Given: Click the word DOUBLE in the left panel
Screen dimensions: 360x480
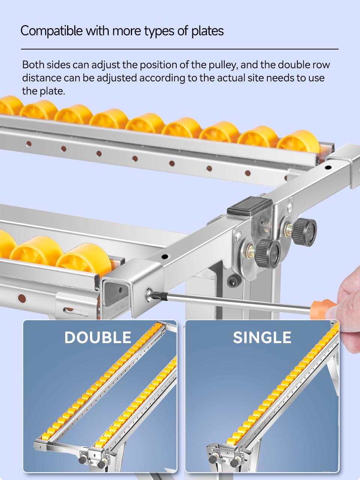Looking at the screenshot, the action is click(98, 337).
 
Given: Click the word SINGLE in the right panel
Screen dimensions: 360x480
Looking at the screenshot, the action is click(262, 337).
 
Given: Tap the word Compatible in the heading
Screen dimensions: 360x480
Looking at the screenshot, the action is click(52, 31).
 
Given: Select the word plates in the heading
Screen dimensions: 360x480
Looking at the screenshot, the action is click(207, 31).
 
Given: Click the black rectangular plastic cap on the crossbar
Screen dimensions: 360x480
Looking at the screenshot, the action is click(250, 206).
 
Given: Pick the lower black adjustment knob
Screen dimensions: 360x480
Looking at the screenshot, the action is click(268, 253).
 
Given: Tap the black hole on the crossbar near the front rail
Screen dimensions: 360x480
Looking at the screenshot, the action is click(165, 256).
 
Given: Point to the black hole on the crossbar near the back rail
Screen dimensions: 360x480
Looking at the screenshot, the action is click(328, 168).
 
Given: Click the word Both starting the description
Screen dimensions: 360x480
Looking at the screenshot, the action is click(33, 65).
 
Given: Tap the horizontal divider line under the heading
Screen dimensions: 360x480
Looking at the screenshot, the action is click(180, 49).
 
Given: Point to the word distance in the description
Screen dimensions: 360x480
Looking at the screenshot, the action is click(42, 78).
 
